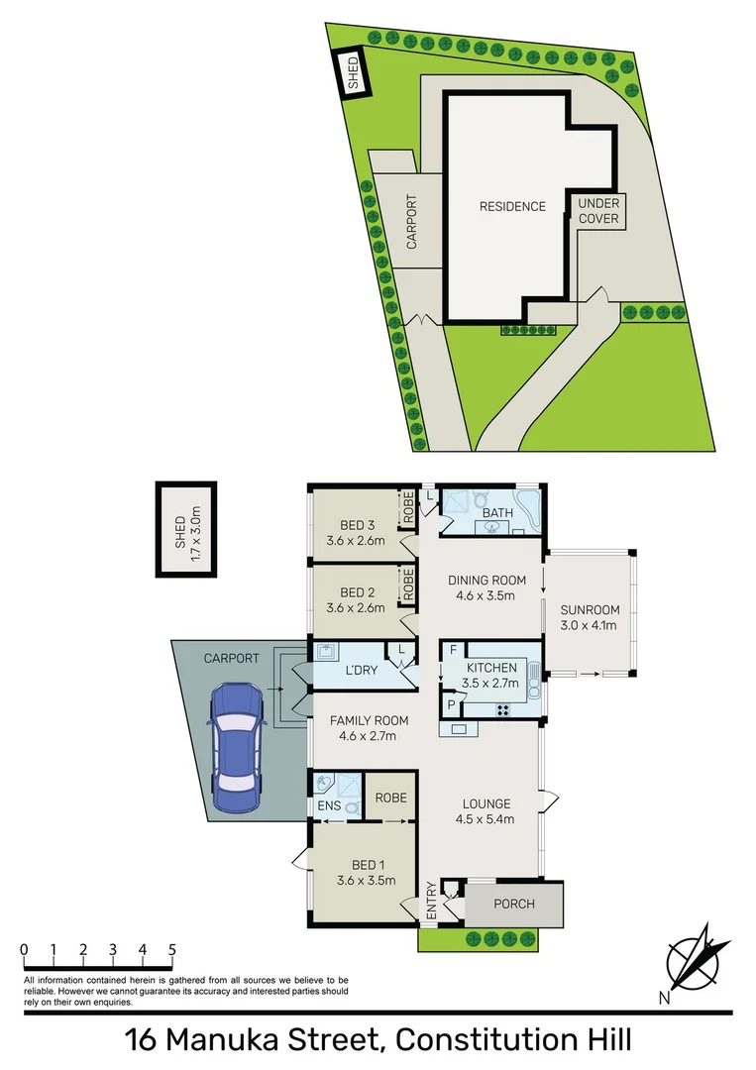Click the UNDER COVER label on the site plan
pos(598,210)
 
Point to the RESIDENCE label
pos(512,207)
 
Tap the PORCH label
pos(513,904)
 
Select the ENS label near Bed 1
pos(329,806)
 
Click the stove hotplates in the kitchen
pos(501,709)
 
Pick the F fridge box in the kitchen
pos(453,651)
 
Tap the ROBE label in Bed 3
pos(406,509)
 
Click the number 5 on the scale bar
pos(173,949)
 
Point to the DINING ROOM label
pos(486,581)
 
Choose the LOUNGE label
pos(486,803)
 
